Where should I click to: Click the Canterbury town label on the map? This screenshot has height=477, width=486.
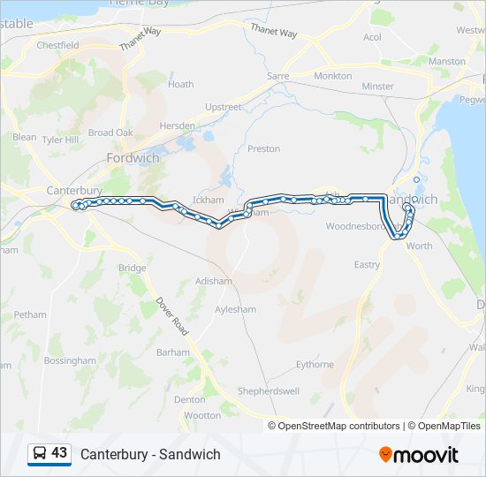pyautogui.click(x=74, y=190)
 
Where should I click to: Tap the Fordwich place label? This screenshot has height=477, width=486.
pyautogui.click(x=132, y=158)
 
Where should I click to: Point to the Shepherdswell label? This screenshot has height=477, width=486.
pyautogui.click(x=268, y=391)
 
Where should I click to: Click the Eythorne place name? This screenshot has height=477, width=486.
pyautogui.click(x=315, y=364)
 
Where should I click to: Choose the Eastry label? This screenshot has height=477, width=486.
pyautogui.click(x=367, y=265)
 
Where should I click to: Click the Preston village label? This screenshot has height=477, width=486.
pyautogui.click(x=263, y=149)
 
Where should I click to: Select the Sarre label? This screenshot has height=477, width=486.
pyautogui.click(x=278, y=76)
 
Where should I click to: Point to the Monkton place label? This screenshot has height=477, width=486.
pyautogui.click(x=333, y=76)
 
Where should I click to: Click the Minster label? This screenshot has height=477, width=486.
pyautogui.click(x=378, y=87)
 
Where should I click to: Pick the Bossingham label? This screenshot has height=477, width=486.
pyautogui.click(x=70, y=360)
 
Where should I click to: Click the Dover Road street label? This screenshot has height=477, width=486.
pyautogui.click(x=172, y=315)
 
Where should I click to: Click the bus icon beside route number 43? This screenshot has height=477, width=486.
pyautogui.click(x=40, y=453)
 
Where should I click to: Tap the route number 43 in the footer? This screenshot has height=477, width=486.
pyautogui.click(x=59, y=453)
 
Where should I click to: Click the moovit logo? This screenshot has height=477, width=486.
pyautogui.click(x=419, y=455)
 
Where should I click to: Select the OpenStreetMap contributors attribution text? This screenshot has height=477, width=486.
pyautogui.click(x=338, y=426)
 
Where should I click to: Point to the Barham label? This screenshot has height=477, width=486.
pyautogui.click(x=172, y=352)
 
